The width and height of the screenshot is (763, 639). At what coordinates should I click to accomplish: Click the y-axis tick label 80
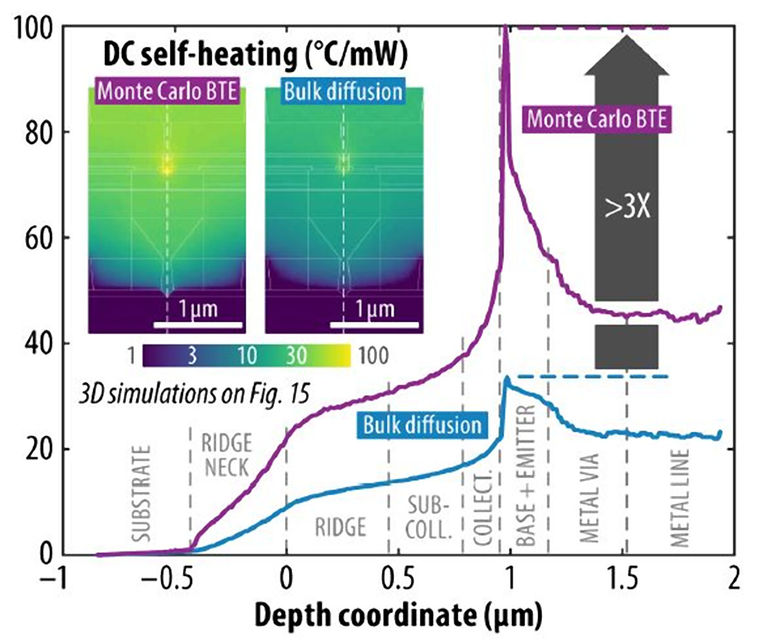39,132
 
